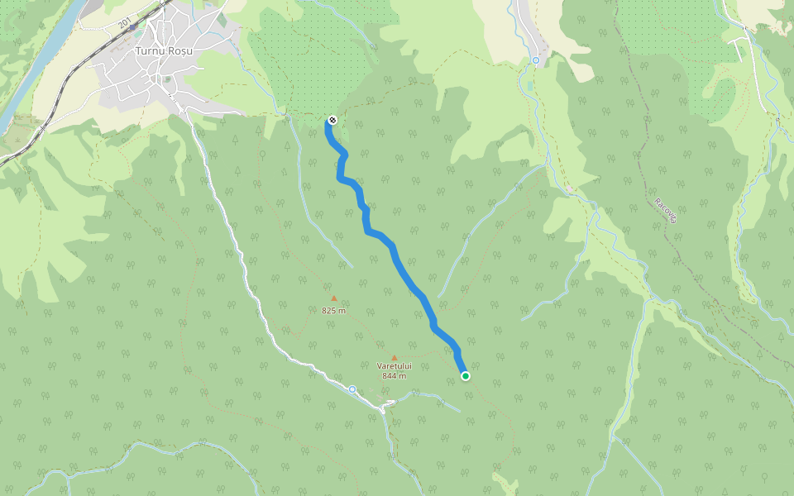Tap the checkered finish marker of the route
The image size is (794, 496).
332,120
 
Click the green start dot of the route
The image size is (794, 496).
466,376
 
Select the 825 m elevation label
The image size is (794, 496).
333,311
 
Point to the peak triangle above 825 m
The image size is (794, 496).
334,298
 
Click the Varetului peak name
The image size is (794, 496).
394,365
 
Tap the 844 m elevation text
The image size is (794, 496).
394,375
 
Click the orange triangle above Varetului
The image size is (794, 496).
395,357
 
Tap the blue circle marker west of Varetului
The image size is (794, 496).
352,389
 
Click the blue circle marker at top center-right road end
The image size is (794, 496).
536,60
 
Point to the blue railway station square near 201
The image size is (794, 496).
133,27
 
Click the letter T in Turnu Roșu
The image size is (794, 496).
137,51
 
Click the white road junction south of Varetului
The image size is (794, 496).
385,407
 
